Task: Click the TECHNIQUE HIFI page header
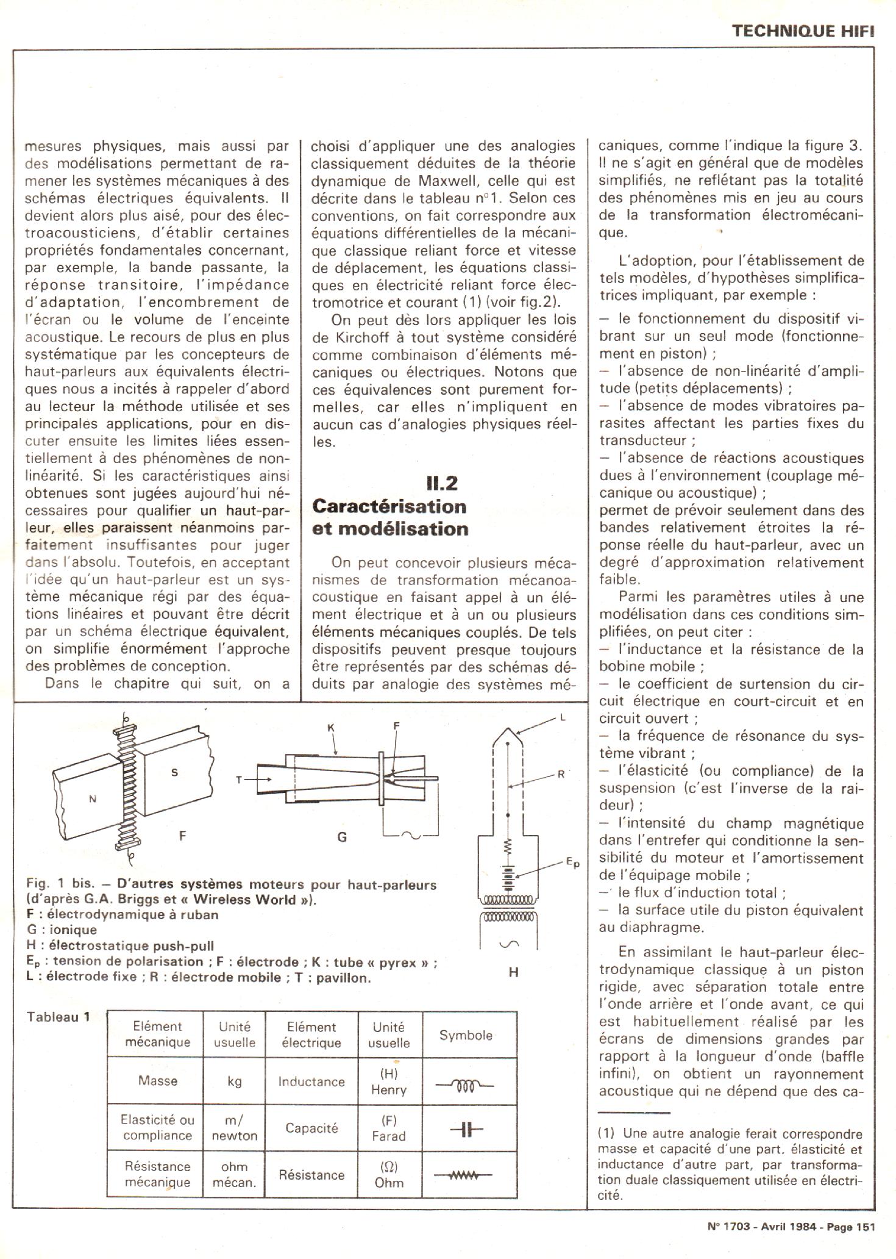tap(803, 32)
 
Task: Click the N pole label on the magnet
tap(93, 798)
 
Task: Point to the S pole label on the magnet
tap(175, 773)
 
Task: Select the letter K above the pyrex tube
tap(330, 728)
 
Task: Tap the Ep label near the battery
tap(572, 863)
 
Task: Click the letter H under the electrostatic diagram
tap(513, 973)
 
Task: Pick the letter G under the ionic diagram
tap(342, 838)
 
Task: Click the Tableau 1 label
tap(59, 1017)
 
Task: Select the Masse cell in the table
tap(158, 1081)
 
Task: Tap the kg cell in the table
tap(235, 1081)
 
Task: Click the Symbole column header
tap(466, 1035)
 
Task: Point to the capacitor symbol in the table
tap(466, 1130)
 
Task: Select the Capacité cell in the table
tap(311, 1128)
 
